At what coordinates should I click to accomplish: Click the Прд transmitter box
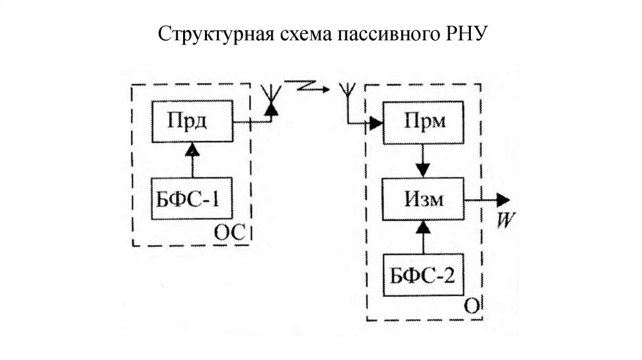coord(192,121)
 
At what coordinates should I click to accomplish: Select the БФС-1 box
coord(192,198)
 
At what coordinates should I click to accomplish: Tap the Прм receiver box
coord(424,122)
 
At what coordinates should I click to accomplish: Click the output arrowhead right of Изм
coord(504,200)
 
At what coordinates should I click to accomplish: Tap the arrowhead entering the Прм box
coord(376,123)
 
